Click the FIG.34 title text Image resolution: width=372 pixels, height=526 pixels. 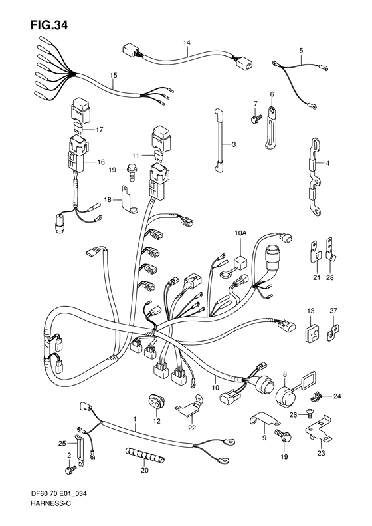[x=49, y=25]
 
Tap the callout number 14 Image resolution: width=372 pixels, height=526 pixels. [x=187, y=43]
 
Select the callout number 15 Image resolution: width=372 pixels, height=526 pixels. [x=114, y=76]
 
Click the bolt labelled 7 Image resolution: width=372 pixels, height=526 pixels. [x=256, y=118]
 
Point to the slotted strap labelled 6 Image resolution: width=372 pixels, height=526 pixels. [x=271, y=128]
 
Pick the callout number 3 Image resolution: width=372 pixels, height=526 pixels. [x=234, y=144]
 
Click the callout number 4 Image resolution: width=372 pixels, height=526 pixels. [x=327, y=164]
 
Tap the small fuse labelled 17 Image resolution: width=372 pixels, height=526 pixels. [x=79, y=128]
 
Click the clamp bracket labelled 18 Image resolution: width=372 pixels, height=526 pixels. [x=129, y=200]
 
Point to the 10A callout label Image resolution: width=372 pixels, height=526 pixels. [x=240, y=233]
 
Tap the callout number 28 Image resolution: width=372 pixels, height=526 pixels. [x=329, y=277]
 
